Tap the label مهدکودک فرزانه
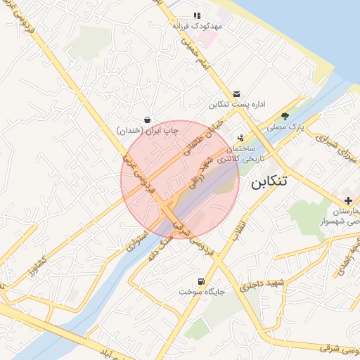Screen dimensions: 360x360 point(198,25)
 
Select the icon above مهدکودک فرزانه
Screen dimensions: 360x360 point(198,15)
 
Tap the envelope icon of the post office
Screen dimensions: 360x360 point(236,94)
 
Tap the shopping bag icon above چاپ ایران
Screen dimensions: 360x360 point(147,120)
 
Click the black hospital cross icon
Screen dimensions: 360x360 point(349,200)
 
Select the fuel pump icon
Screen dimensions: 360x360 point(202,281)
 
